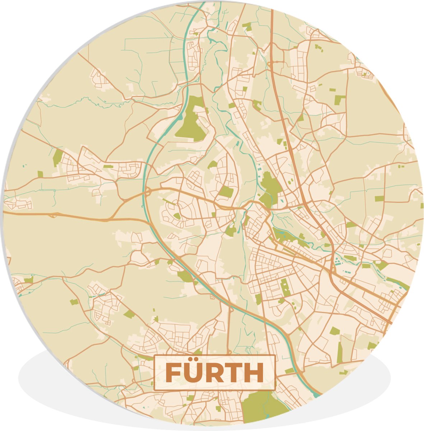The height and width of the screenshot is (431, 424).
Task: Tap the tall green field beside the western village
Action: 57,157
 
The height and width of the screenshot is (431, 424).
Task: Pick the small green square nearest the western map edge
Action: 40,174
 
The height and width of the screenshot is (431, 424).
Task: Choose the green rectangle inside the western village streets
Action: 108,166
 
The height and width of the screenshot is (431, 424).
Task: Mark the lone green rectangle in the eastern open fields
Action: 379,198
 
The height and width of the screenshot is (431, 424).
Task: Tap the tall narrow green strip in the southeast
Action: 339,352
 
